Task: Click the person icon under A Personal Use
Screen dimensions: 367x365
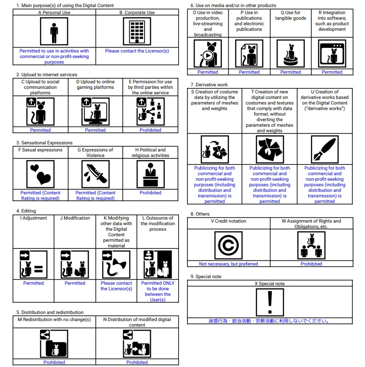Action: [x=54, y=33]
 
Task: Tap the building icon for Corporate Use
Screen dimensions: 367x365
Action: [x=137, y=33]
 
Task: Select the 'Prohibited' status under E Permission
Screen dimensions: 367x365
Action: [x=151, y=130]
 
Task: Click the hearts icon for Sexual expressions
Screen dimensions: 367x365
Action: [x=40, y=174]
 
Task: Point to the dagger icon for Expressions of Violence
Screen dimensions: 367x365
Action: [x=95, y=174]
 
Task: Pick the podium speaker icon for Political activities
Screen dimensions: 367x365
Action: [x=151, y=174]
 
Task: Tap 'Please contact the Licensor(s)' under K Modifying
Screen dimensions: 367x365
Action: [x=116, y=286]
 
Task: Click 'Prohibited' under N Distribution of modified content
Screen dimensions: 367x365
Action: [x=137, y=362]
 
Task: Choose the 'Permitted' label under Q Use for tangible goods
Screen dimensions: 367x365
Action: [x=291, y=72]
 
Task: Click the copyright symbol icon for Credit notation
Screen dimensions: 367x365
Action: [x=229, y=245]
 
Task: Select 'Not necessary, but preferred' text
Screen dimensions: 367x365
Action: [x=229, y=264]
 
